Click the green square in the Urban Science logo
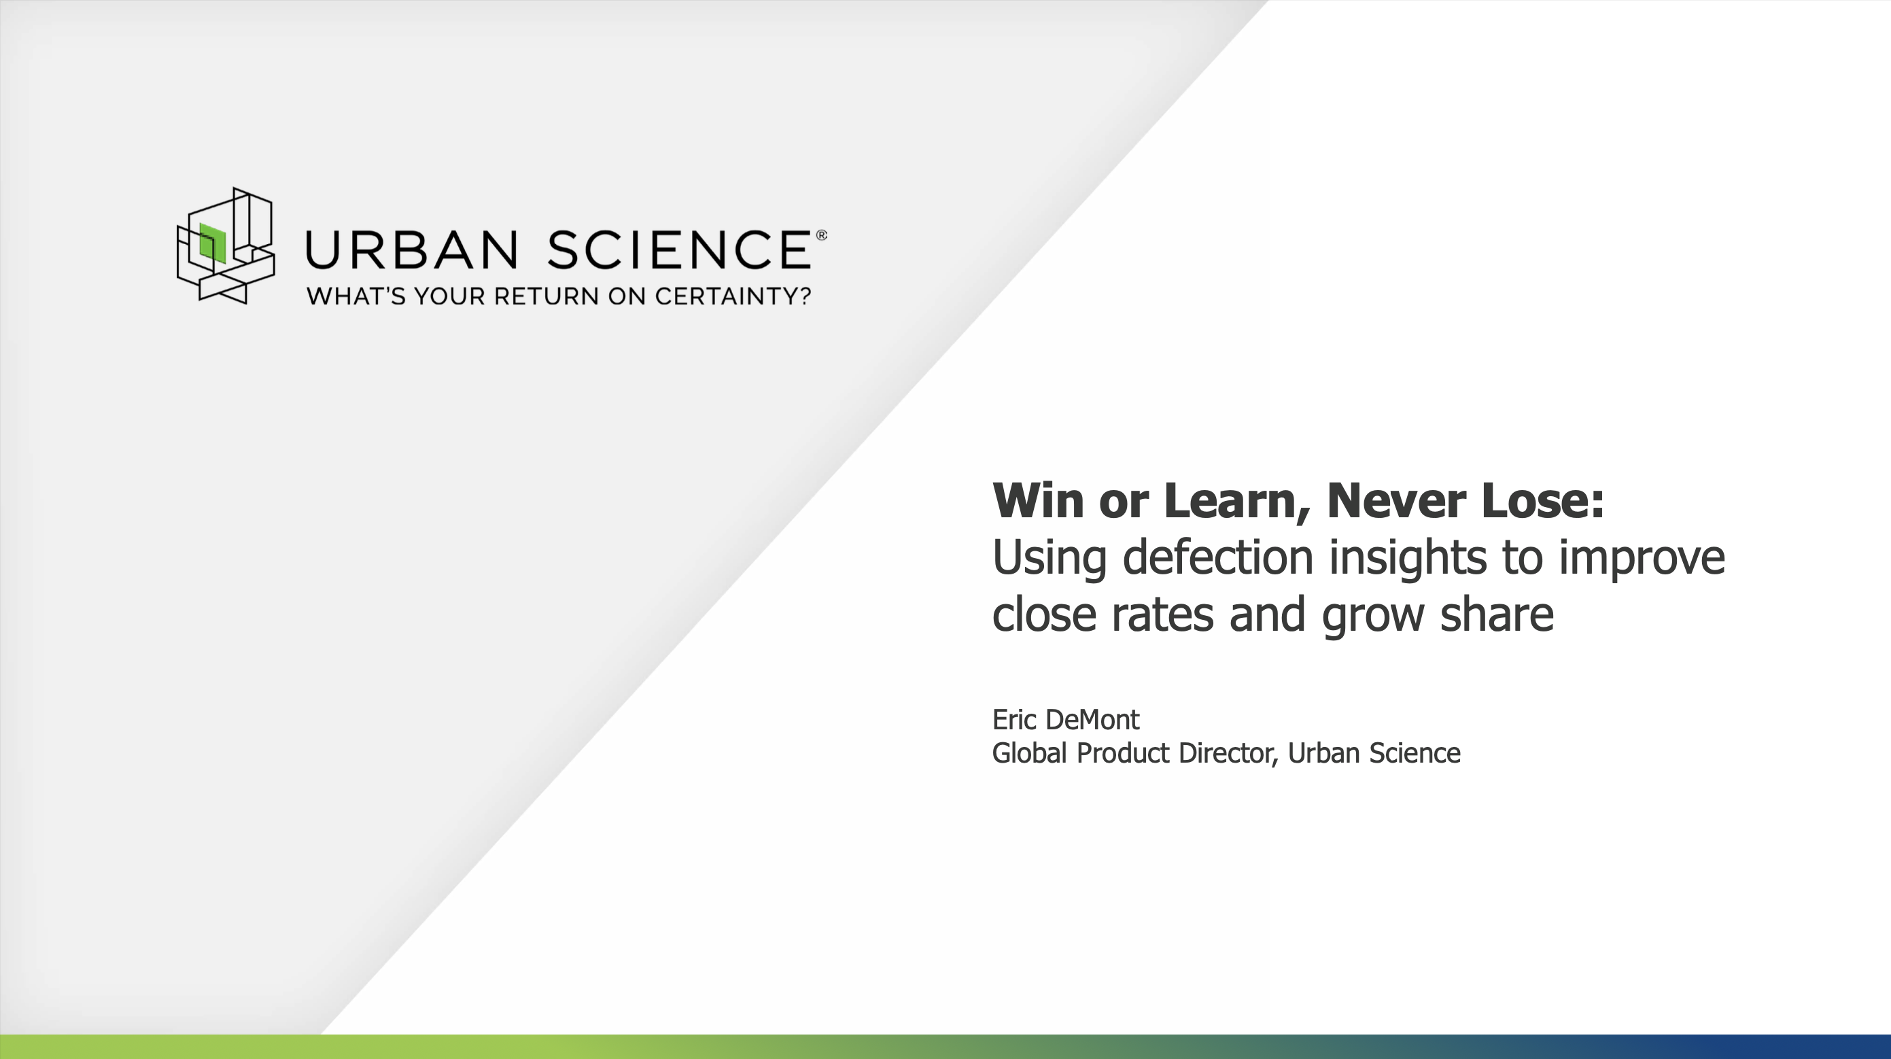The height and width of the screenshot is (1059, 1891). click(x=212, y=243)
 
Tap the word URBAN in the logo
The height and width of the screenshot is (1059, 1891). click(x=412, y=249)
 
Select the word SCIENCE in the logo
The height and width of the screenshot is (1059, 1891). click(x=679, y=249)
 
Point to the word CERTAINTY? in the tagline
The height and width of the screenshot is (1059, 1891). click(x=733, y=296)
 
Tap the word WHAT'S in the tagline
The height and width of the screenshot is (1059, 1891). click(x=356, y=296)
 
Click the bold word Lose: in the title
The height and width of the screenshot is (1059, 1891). click(x=1543, y=500)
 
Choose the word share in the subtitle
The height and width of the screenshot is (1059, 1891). click(x=1497, y=614)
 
